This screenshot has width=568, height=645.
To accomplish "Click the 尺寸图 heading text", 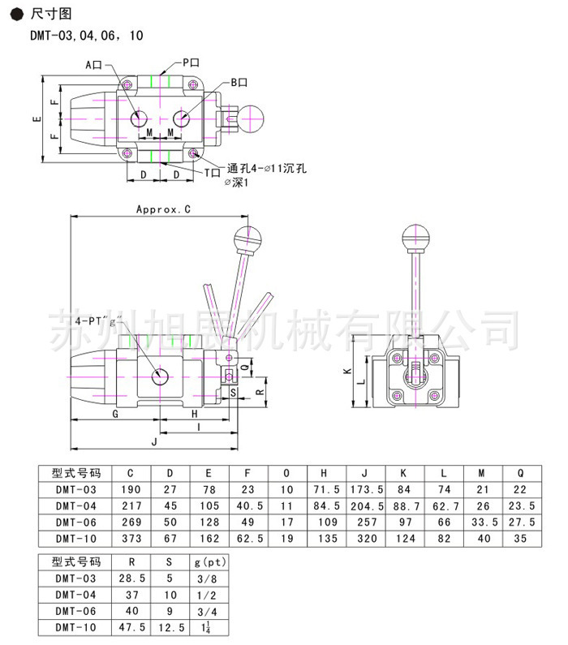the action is (x=51, y=14).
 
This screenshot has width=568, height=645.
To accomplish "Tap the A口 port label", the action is (x=94, y=65).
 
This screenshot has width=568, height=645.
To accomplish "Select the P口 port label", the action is (x=191, y=62).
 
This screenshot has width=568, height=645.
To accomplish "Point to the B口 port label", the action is (x=239, y=83).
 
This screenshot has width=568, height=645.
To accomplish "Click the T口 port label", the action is (x=213, y=173).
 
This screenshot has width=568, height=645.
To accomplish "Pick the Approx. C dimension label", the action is (x=164, y=209).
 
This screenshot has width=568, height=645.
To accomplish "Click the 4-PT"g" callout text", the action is (x=99, y=320).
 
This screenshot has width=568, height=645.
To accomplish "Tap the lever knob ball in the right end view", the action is (x=415, y=238).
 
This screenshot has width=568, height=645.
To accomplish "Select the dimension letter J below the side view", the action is (x=155, y=442).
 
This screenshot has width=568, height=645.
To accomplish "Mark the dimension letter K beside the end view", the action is (x=347, y=371).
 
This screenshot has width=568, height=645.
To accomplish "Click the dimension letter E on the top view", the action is (x=37, y=119).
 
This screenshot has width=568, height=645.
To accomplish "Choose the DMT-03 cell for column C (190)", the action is (x=131, y=489).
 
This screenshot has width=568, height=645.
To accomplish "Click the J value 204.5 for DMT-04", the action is (x=367, y=506).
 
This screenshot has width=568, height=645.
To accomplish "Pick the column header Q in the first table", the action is (x=520, y=474).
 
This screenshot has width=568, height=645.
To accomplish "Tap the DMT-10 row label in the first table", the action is (x=76, y=539).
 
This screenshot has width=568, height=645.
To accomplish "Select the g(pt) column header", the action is (x=210, y=562).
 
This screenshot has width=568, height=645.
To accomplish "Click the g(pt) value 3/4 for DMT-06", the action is (x=207, y=612).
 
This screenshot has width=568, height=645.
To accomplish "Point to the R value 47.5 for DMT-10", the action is (x=132, y=627).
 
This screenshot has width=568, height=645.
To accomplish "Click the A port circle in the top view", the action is (x=139, y=119).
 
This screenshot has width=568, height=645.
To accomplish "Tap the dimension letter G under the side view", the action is (x=115, y=414).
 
